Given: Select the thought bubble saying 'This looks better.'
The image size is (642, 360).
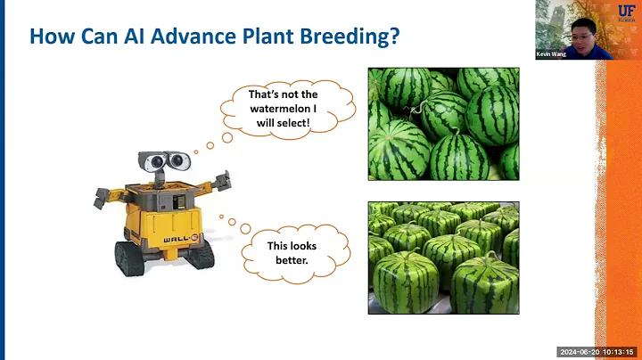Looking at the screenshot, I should click(x=292, y=251).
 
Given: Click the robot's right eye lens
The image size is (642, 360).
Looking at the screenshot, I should click(x=179, y=162).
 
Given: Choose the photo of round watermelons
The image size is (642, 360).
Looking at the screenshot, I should click(x=443, y=124).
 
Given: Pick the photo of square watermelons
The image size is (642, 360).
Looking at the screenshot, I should click(x=443, y=258).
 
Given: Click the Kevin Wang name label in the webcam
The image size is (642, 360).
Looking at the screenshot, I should click(x=551, y=53).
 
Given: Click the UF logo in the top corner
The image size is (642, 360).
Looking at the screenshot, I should click(x=627, y=13).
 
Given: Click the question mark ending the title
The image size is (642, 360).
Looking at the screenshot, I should click(x=392, y=37).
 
